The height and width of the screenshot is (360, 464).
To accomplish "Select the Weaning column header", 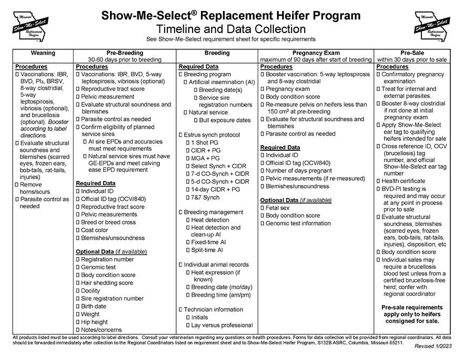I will coord(43,53).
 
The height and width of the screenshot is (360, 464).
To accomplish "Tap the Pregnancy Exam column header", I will coord(316,53).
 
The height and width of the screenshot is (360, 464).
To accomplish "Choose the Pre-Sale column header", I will coord(412,53).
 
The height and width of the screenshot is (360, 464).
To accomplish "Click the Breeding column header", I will coord(217,53).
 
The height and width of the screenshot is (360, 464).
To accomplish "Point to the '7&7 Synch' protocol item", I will coord(205,198).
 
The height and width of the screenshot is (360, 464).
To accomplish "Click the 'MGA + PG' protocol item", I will coord(206,158).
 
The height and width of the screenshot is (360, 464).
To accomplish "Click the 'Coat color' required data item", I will coord(95,230).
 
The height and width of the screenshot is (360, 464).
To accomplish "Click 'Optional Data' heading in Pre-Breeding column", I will coord(95,252).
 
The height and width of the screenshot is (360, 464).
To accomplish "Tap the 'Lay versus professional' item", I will coord(222,325).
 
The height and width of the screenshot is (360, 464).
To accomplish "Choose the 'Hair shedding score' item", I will coord(107,283).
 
